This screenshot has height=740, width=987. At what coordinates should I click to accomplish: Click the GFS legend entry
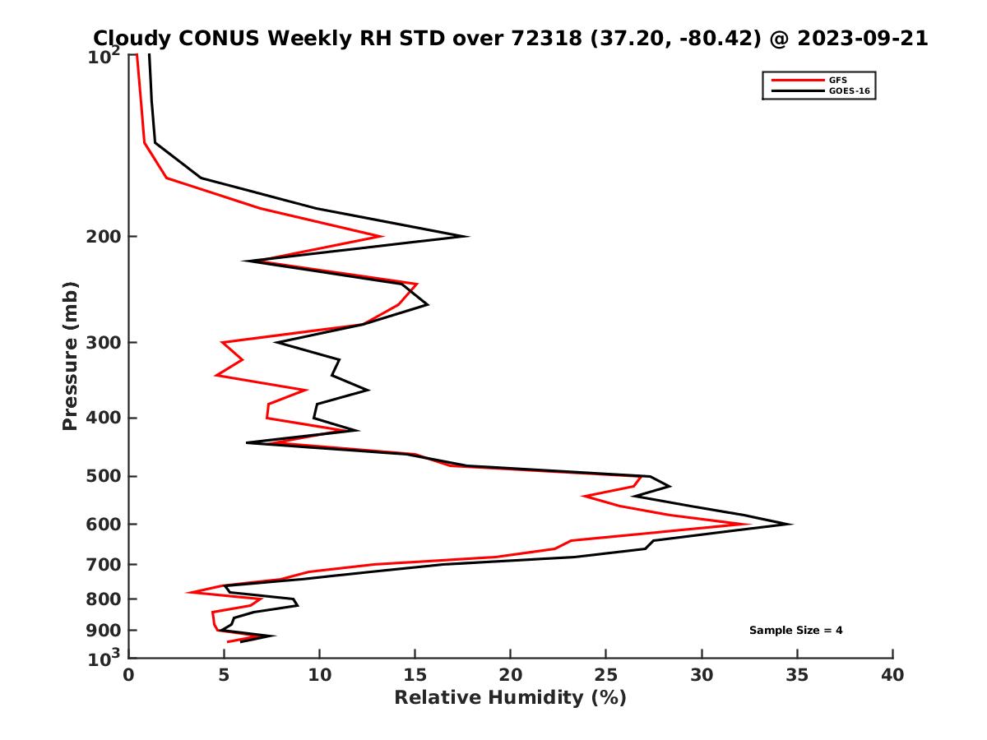pyautogui.click(x=837, y=80)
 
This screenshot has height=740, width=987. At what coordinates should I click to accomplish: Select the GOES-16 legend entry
pyautogui.click(x=846, y=90)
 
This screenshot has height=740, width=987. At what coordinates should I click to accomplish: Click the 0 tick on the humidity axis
pyautogui.click(x=128, y=675)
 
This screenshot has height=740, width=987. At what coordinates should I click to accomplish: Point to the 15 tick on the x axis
pyautogui.click(x=415, y=675)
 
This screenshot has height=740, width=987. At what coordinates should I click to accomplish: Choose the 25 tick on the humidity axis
pyautogui.click(x=606, y=675)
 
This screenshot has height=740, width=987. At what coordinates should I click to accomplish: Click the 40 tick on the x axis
pyautogui.click(x=892, y=675)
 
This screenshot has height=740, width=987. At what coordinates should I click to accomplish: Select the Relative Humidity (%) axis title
pyautogui.click(x=510, y=698)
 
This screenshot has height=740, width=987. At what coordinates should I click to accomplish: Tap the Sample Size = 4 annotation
pyautogui.click(x=795, y=631)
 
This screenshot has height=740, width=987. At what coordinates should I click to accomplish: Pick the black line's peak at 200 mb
pyautogui.click(x=467, y=237)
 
